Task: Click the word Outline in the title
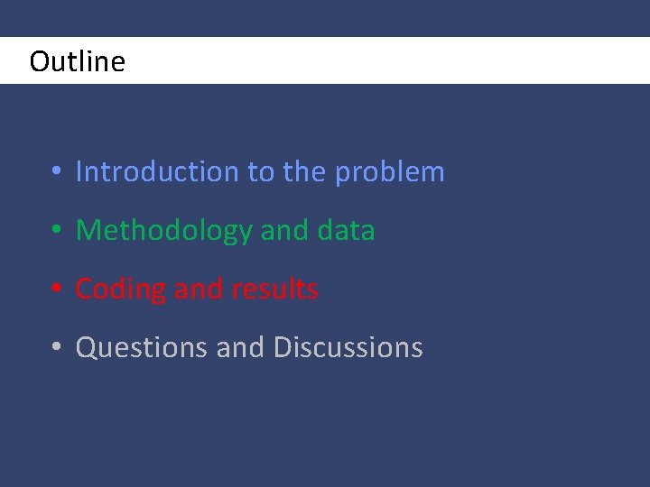tap(77, 61)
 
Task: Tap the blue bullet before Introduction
tap(56, 172)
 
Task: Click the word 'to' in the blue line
tap(262, 171)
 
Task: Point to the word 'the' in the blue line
tap(304, 171)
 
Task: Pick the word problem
tap(390, 172)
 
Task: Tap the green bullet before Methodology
tap(56, 231)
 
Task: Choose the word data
tap(346, 231)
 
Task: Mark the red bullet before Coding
tap(56, 289)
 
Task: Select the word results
tap(274, 289)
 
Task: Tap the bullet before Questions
tap(56, 348)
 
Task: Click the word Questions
tap(142, 347)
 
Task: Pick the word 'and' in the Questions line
tap(240, 347)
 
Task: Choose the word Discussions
tap(348, 347)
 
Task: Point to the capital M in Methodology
tap(88, 231)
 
